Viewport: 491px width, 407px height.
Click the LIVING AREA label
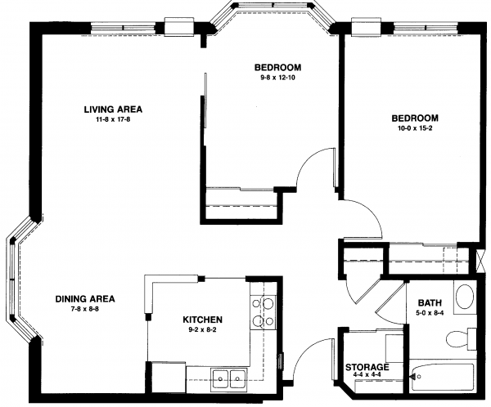pyautogui.click(x=113, y=110)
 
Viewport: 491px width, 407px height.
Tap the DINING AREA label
pyautogui.click(x=85, y=299)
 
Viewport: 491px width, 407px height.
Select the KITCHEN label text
pyautogui.click(x=203, y=320)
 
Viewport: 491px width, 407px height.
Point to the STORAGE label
pyautogui.click(x=367, y=367)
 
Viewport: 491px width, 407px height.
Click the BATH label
pyautogui.click(x=430, y=303)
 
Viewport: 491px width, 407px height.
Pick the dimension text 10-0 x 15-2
pyautogui.click(x=415, y=128)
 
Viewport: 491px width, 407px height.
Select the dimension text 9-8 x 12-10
pyautogui.click(x=277, y=78)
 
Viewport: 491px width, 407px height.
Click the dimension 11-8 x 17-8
pyautogui.click(x=113, y=119)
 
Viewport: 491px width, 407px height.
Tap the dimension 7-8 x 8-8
pyautogui.click(x=85, y=309)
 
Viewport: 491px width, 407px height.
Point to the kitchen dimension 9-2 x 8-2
pyautogui.click(x=203, y=329)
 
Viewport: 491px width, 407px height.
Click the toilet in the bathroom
pyautogui.click(x=461, y=338)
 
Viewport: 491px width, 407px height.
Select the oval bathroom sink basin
pyautogui.click(x=465, y=297)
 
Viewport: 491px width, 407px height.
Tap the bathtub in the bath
pyautogui.click(x=443, y=377)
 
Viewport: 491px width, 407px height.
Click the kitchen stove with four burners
pyautogui.click(x=263, y=312)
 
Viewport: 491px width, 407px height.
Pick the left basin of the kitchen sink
pyautogui.click(x=221, y=379)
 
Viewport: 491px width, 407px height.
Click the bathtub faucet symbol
pyautogui.click(x=415, y=377)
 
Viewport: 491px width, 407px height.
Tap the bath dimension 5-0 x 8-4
pyautogui.click(x=430, y=312)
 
